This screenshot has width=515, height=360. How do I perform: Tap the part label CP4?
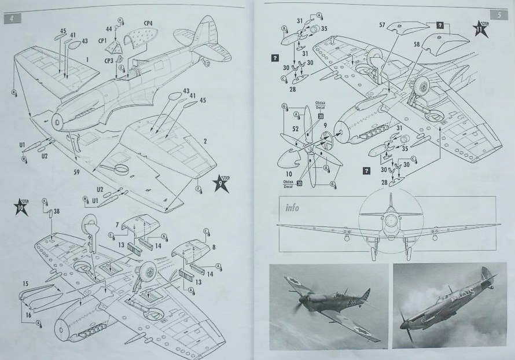(x=148, y=24)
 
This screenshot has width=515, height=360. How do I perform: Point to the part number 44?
(x=109, y=28)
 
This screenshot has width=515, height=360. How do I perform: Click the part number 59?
(x=77, y=171)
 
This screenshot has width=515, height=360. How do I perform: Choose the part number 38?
(x=56, y=212)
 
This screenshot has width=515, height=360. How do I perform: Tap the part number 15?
(x=25, y=284)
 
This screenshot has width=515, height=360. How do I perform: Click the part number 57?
(x=382, y=25)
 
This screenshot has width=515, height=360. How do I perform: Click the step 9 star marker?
(x=222, y=183)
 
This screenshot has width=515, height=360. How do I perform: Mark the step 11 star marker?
(x=479, y=29)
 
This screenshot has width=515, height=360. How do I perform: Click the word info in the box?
(x=292, y=207)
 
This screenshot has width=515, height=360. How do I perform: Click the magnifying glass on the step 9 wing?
(x=120, y=169)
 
